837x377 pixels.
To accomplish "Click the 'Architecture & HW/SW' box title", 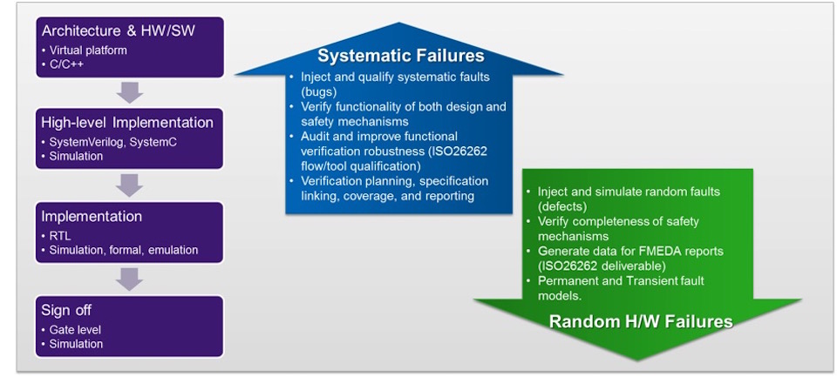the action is point(118,31).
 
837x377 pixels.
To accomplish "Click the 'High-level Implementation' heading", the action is point(127,123).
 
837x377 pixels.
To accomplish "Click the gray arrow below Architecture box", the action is point(130,92).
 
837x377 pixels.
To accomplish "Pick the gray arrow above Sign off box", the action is point(130,279).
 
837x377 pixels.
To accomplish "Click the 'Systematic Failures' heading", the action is point(401,56).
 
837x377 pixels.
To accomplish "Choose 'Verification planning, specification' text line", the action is point(394,181).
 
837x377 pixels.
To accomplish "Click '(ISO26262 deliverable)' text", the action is point(597,265).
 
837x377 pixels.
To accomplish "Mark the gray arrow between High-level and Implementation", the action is point(130,185).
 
